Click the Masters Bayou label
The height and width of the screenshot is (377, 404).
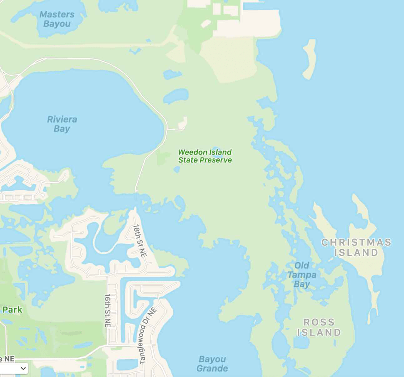pyautogui.click(x=57, y=19)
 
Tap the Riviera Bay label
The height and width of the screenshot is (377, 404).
pyautogui.click(x=62, y=124)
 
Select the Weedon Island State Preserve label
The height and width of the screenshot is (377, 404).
pyautogui.click(x=205, y=156)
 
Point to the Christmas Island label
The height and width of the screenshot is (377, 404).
pyautogui.click(x=356, y=247)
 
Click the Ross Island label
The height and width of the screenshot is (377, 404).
pyautogui.click(x=319, y=327)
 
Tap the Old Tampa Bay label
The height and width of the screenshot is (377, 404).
pyautogui.click(x=302, y=275)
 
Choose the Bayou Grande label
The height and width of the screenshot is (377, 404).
pyautogui.click(x=212, y=364)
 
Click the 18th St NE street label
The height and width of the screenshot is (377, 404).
pyautogui.click(x=140, y=241)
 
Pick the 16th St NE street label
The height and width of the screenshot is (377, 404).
pyautogui.click(x=108, y=310)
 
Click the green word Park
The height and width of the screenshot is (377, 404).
pyautogui.click(x=13, y=310)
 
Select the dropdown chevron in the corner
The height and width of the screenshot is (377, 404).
pyautogui.click(x=23, y=368)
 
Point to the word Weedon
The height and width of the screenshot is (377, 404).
pyautogui.click(x=191, y=152)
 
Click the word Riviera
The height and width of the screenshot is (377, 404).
pyautogui.click(x=62, y=119)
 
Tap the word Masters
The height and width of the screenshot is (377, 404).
pyautogui.click(x=57, y=14)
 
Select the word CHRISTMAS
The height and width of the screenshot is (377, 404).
pyautogui.click(x=356, y=242)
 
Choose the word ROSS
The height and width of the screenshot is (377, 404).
pyautogui.click(x=319, y=322)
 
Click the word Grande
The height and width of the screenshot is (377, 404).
pyautogui.click(x=212, y=368)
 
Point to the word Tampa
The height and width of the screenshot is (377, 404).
pyautogui.click(x=302, y=275)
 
